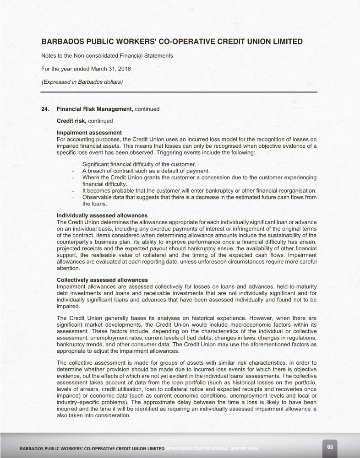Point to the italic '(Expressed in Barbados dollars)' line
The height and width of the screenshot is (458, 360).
tap(82, 82)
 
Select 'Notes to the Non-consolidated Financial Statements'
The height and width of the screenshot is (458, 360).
tap(107, 56)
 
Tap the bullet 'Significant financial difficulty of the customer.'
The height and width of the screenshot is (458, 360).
tap(139, 164)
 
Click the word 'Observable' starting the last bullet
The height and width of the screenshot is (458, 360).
tap(96, 197)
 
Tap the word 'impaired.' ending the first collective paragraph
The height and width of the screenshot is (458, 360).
tap(68, 307)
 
